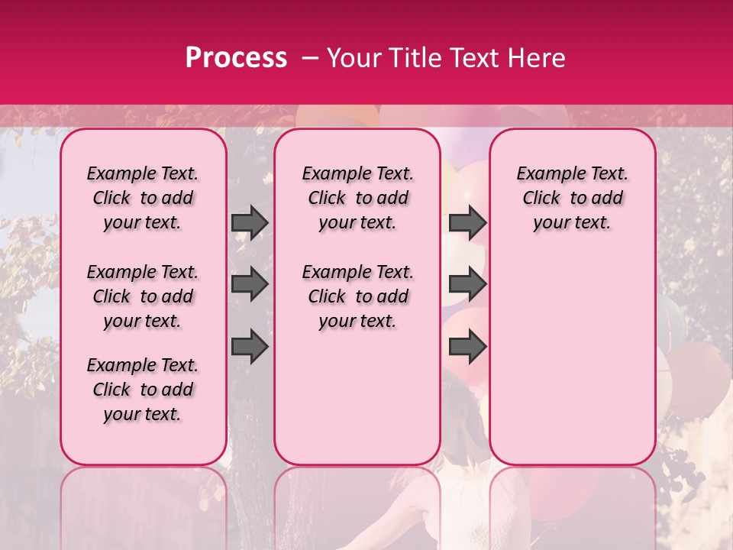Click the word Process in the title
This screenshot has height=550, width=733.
236,58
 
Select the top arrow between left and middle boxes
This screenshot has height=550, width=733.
250,222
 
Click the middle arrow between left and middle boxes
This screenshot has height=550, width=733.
250,285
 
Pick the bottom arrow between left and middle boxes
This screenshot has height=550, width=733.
250,347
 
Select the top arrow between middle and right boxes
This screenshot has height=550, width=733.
467,222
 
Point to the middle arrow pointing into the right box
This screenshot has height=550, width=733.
467,285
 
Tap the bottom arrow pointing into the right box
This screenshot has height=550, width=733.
467,347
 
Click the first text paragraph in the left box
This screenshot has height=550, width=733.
143,198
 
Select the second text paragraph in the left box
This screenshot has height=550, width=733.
143,296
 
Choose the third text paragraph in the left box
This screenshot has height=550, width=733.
143,390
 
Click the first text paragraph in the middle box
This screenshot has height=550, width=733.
357,198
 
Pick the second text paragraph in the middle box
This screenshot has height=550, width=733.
357,296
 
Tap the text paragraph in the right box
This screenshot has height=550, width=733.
572,198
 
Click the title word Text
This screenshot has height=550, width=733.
471,58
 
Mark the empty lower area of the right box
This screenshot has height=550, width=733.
572,359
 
